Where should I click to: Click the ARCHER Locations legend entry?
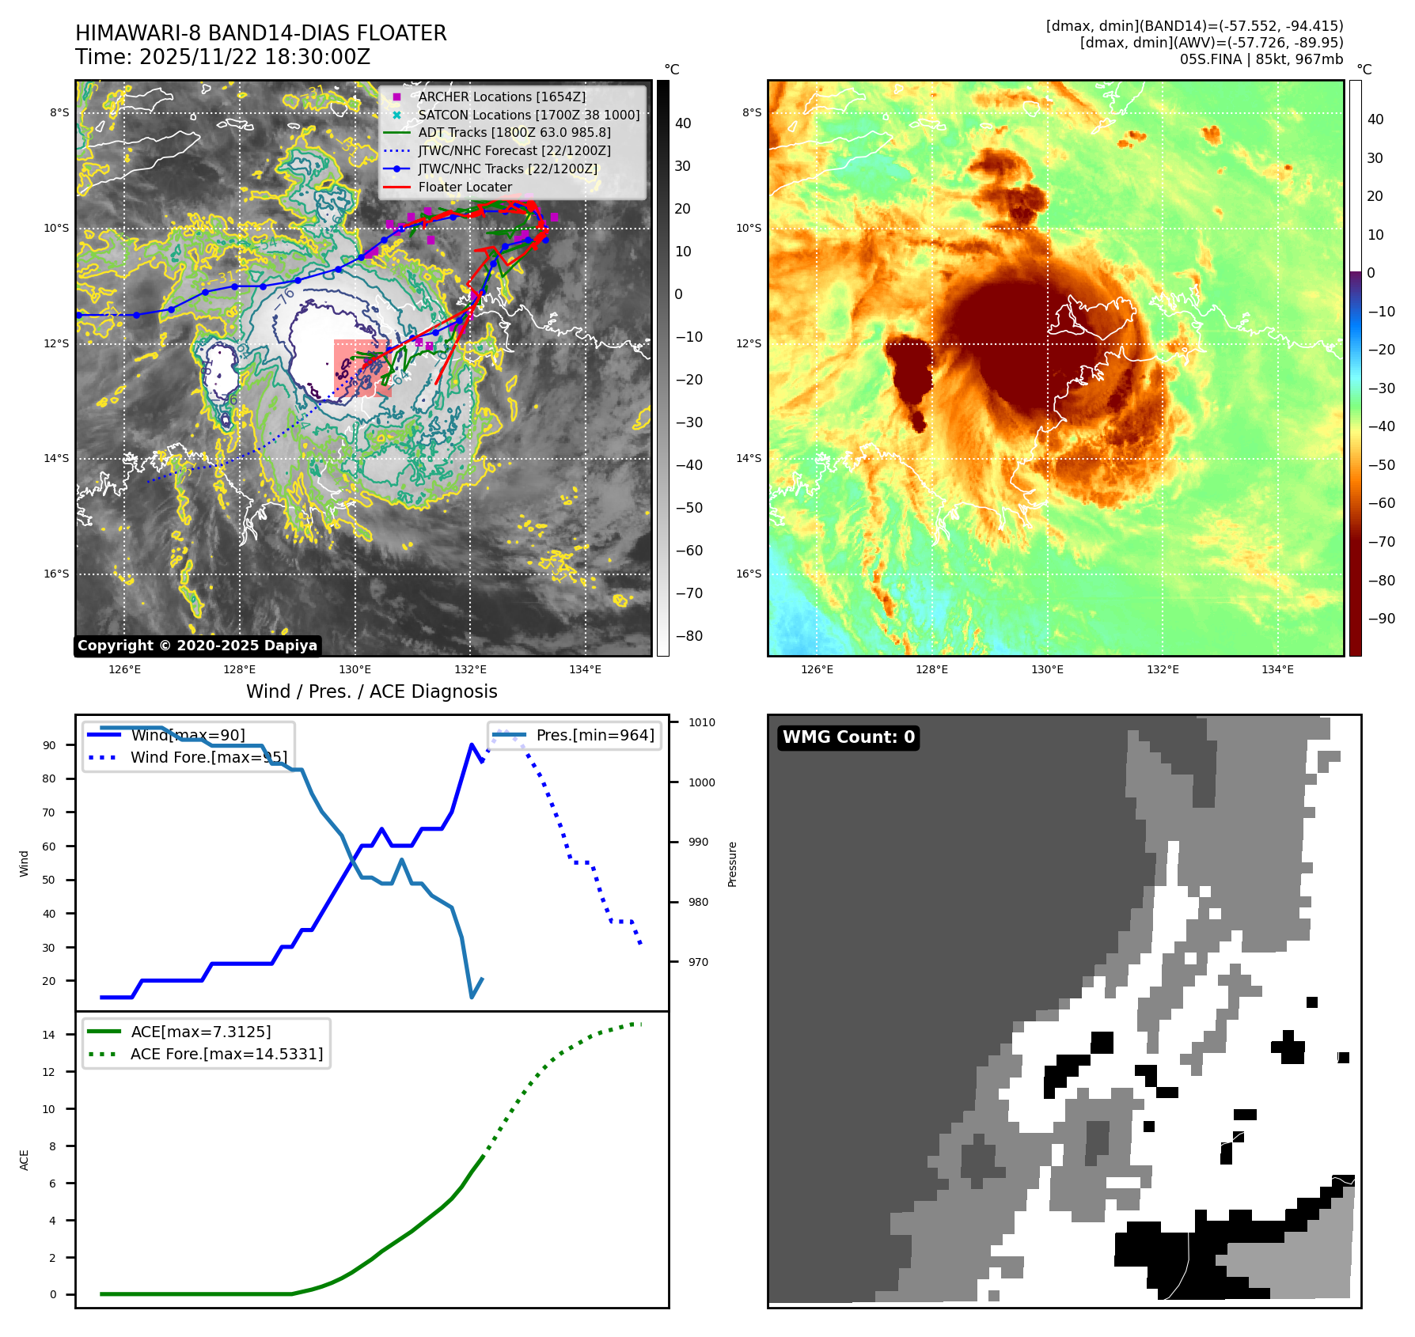[502, 97]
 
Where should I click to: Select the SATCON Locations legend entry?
[529, 115]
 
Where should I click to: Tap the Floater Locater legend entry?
[465, 187]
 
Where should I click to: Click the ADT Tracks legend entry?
[514, 133]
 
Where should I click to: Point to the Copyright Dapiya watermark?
[197, 646]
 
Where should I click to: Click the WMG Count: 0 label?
[848, 737]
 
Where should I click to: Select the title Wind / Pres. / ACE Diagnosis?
[371, 691]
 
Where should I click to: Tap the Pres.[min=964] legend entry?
[594, 736]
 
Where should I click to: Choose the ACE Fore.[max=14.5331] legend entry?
[226, 1055]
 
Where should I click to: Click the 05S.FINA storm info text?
[1261, 59]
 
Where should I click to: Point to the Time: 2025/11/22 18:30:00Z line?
[222, 57]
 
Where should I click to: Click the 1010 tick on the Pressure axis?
[701, 722]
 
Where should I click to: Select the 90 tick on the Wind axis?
[49, 745]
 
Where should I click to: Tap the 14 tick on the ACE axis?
[49, 1035]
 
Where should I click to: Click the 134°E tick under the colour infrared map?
[1277, 670]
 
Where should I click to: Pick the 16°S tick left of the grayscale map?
[56, 574]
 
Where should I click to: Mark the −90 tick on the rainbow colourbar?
[1381, 619]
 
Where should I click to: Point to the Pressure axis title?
[732, 864]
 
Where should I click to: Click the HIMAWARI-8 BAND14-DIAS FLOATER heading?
[260, 33]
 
